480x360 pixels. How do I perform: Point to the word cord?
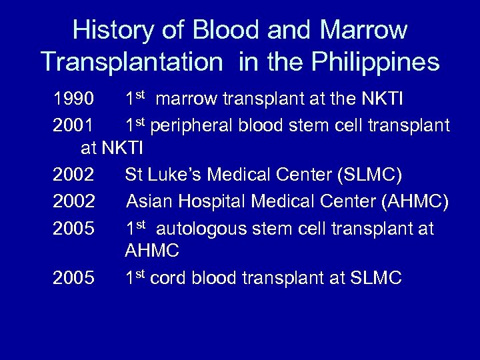pyautogui.click(x=169, y=278)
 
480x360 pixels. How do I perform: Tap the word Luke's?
pyautogui.click(x=176, y=176)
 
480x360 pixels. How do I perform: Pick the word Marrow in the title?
pyautogui.click(x=363, y=30)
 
